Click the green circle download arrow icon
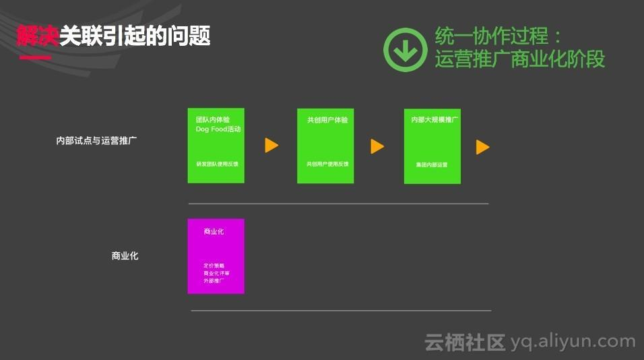tap(406, 49)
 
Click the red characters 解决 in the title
tap(38, 35)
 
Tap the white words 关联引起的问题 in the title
tap(135, 35)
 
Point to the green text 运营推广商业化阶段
tap(520, 59)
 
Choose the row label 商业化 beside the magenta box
tap(125, 256)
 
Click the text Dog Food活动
tap(218, 129)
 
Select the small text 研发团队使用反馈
tap(216, 164)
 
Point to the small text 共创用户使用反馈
tap(326, 164)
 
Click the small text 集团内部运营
tap(432, 164)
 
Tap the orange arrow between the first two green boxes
tap(271, 146)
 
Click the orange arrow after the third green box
tap(482, 147)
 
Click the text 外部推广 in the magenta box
tap(214, 280)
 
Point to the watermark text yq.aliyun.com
tap(573, 342)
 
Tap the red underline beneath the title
tap(35, 57)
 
